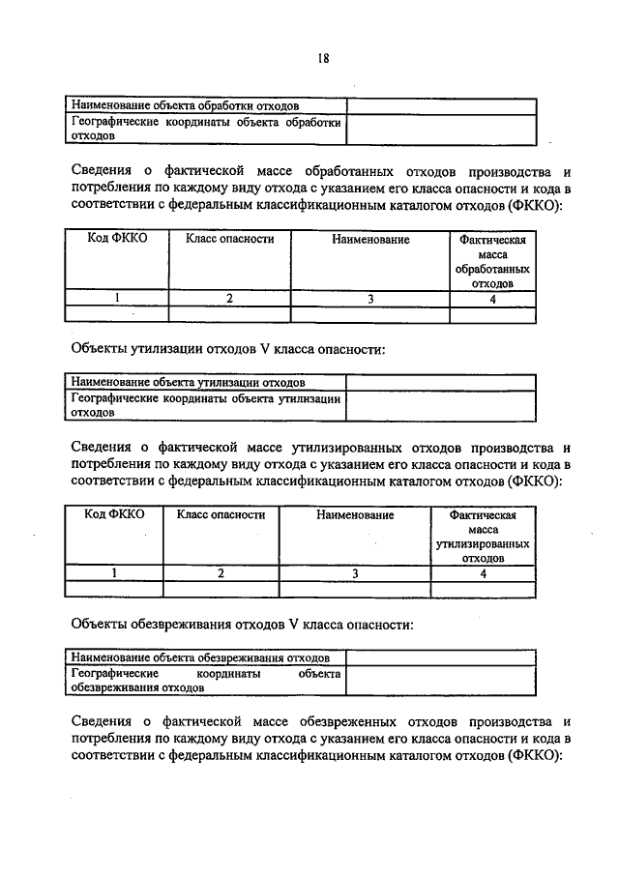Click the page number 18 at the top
coord(323,58)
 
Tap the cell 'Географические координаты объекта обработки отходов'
coord(205,130)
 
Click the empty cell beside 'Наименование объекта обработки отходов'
coord(441,105)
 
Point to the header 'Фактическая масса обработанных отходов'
coord(492,261)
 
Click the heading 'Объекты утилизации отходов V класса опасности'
coord(229,349)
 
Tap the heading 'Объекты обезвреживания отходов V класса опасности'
coord(243,625)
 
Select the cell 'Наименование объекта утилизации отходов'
coord(190,383)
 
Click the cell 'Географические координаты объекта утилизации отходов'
coord(205,405)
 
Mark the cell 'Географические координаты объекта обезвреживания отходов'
coord(205,681)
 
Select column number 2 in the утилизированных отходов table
coord(221,573)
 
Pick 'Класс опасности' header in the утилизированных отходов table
coord(221,515)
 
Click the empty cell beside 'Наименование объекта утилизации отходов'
coord(440,383)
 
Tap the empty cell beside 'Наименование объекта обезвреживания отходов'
coord(440,657)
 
